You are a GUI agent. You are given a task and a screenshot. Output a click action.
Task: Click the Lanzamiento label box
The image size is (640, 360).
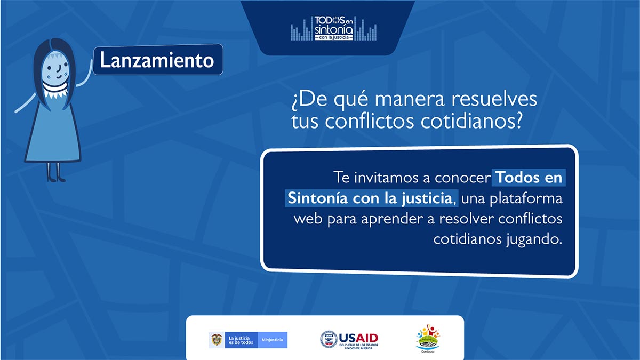[157, 60]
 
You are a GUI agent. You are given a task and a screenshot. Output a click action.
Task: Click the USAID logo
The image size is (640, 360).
[349, 339]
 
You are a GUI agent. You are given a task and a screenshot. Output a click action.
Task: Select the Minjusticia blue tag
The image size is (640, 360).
[273, 340]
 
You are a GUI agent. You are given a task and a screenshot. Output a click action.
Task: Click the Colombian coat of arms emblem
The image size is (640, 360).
[217, 340]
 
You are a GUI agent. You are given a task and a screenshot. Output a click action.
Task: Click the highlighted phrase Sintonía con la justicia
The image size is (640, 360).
[370, 198]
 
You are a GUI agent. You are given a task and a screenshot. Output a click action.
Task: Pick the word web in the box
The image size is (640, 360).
[308, 219]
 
